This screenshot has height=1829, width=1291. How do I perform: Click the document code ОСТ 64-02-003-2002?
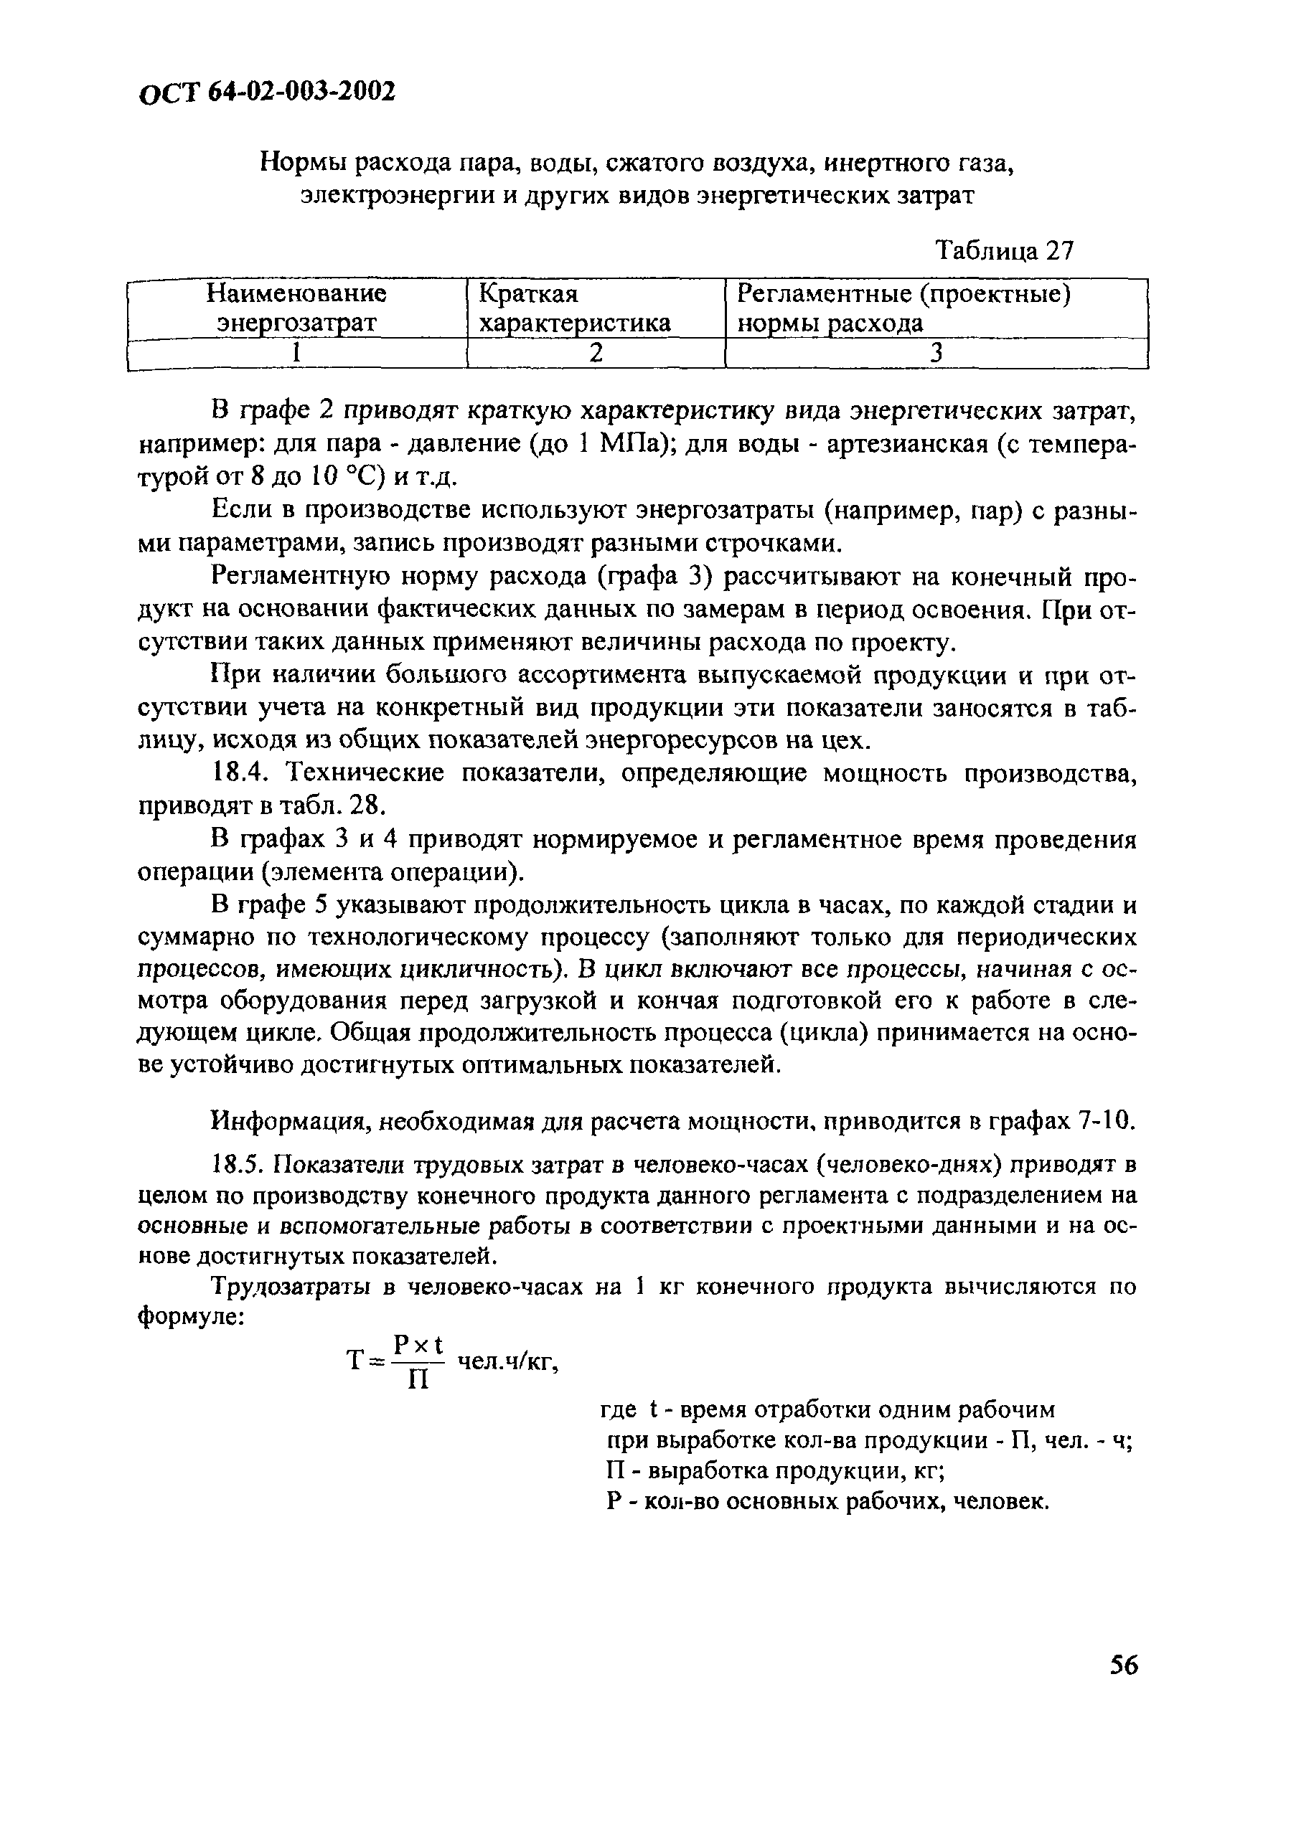click(x=267, y=93)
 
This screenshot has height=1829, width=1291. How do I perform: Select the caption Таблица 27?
click(x=1004, y=251)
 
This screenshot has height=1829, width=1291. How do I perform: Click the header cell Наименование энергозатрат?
click(x=296, y=308)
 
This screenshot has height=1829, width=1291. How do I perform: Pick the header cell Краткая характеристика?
click(x=574, y=308)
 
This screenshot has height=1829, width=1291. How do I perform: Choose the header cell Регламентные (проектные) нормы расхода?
click(x=903, y=308)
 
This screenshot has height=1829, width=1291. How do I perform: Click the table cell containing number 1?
click(x=296, y=353)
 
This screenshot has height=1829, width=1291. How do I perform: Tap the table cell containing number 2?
click(x=596, y=353)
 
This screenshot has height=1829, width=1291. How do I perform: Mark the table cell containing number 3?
click(x=936, y=353)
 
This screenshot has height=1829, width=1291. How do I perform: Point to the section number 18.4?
click(x=243, y=772)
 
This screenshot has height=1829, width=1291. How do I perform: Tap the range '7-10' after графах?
click(x=1105, y=1122)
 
